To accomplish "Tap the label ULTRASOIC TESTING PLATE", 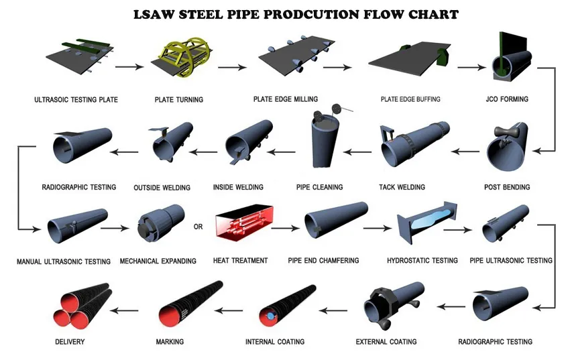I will (x=76, y=100).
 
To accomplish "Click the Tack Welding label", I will (x=402, y=187).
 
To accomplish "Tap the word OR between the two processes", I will (x=198, y=227).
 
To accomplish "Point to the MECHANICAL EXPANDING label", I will (x=158, y=261).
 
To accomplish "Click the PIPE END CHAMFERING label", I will (x=323, y=261).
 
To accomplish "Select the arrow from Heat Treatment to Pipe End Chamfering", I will (x=286, y=228).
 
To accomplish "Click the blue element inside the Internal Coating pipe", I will (x=270, y=314).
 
